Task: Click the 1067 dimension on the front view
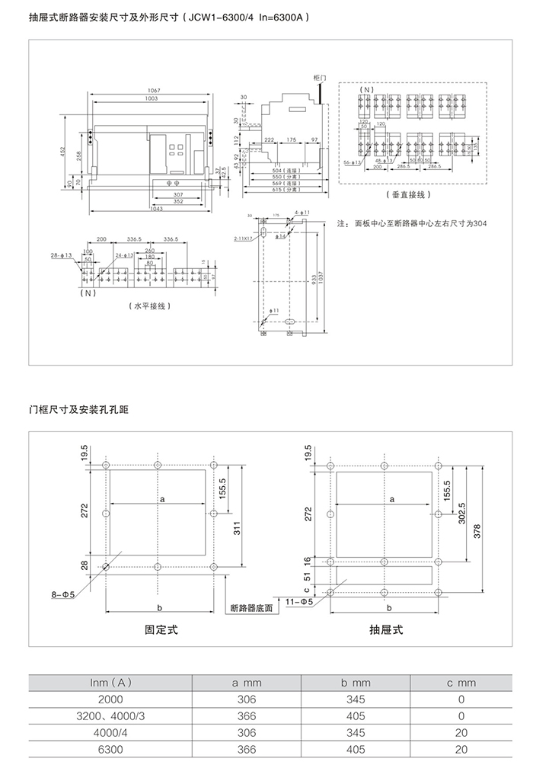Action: point(153,91)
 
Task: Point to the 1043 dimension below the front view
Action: point(156,209)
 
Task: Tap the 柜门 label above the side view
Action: point(319,78)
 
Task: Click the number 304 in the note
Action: point(479,223)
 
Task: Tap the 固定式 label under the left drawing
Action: point(161,629)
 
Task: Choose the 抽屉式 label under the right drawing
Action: point(386,629)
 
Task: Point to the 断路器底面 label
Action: point(251,609)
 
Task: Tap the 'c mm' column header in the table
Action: point(461,683)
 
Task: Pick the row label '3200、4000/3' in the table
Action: point(110,716)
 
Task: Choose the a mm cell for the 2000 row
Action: point(247,699)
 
